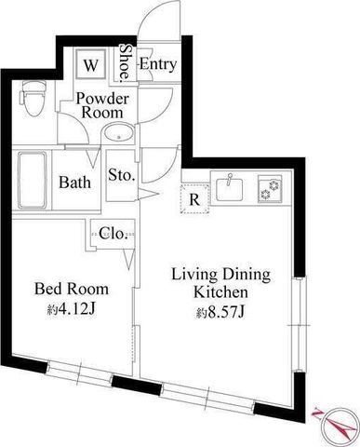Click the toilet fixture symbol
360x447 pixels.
pyautogui.click(x=33, y=99)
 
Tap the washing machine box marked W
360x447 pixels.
pyautogui.click(x=91, y=65)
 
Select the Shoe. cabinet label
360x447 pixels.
pyautogui.click(x=126, y=62)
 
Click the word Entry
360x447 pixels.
pyautogui.click(x=158, y=64)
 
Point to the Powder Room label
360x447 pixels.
pyautogui.click(x=102, y=105)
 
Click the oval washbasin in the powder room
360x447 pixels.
pyautogui.click(x=118, y=134)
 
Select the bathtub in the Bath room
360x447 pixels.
pyautogui.click(x=32, y=180)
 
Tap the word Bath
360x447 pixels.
pyautogui.click(x=75, y=182)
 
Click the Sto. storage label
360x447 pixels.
pyautogui.click(x=122, y=175)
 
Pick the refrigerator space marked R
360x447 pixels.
pyautogui.click(x=194, y=199)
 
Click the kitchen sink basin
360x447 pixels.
pyautogui.click(x=230, y=189)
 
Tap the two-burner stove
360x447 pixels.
pyautogui.click(x=270, y=189)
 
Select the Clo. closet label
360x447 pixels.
pyautogui.click(x=113, y=233)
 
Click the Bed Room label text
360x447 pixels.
pyautogui.click(x=72, y=289)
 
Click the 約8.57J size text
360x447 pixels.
pyautogui.click(x=220, y=312)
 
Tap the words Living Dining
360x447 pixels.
pyautogui.click(x=221, y=275)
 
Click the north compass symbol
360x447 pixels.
pyautogui.click(x=338, y=425)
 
